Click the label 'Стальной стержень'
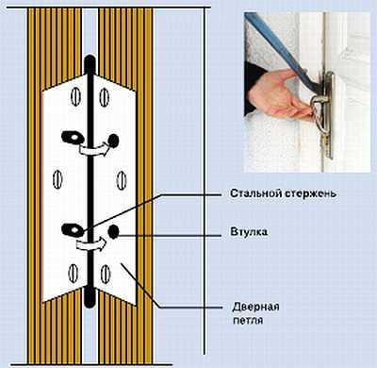click(x=283, y=193)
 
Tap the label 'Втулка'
click(x=249, y=232)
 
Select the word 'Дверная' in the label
click(x=255, y=307)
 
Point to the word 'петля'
click(x=248, y=321)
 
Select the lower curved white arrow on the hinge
click(x=92, y=244)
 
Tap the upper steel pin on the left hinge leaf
click(x=74, y=138)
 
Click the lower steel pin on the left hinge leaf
click(x=73, y=230)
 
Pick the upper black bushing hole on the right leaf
click(x=113, y=141)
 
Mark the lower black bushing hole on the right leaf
click(x=113, y=231)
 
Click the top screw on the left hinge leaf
click(x=75, y=96)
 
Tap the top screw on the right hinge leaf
click(x=105, y=97)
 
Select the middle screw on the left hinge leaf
click(x=57, y=179)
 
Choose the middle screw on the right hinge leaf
click(x=122, y=180)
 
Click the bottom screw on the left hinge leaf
click(x=74, y=273)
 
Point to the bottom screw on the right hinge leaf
click(x=106, y=273)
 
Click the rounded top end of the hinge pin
click(x=90, y=59)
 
